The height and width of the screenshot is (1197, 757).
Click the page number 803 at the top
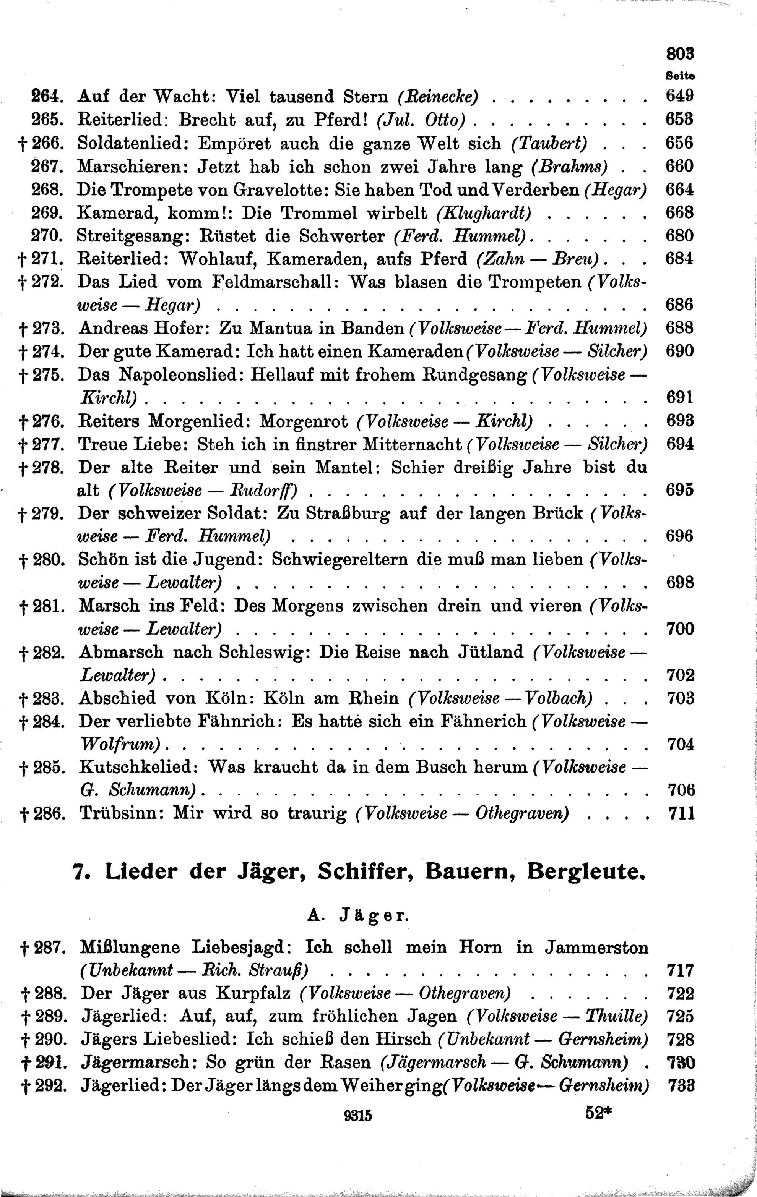679,53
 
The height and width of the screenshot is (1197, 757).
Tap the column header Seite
680,76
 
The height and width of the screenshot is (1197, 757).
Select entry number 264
48,96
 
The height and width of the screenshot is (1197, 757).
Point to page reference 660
679,166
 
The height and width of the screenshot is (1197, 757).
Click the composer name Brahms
570,167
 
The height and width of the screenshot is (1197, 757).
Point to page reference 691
679,397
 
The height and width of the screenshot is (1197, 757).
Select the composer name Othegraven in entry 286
522,813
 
